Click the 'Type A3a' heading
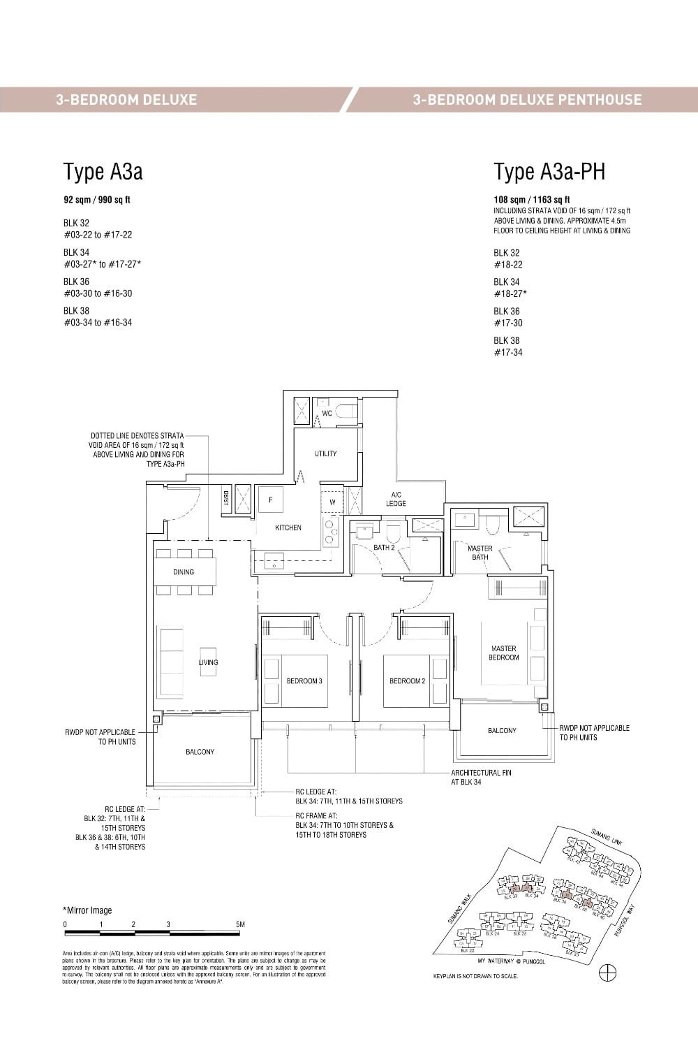pos(103,172)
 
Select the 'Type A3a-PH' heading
pos(549,172)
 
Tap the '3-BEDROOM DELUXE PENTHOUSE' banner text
pos(527,99)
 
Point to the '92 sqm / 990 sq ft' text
pos(97,200)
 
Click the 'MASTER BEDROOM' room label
pos(503,653)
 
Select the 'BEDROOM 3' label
pos(304,681)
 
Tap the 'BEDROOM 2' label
pos(407,681)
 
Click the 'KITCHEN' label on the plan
pos(288,527)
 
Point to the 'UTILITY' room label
pos(325,454)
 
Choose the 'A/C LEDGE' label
pos(396,499)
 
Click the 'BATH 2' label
pos(383,548)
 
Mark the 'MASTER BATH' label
pos(480,553)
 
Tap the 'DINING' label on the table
pos(184,572)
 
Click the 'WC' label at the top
pos(327,414)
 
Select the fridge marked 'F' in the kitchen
pos(270,500)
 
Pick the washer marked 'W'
pos(332,502)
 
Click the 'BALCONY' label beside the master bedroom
pos(502,731)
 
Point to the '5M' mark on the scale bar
pos(240,924)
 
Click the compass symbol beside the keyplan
pos(608,973)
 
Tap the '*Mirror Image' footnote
pos(87,910)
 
